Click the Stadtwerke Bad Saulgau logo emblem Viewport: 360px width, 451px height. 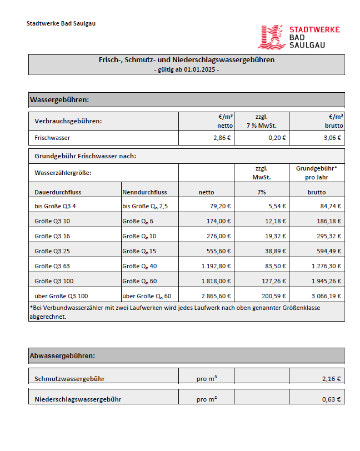point(272,37)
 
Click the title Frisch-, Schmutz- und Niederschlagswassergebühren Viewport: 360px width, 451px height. point(186,60)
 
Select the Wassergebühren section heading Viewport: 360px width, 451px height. point(59,100)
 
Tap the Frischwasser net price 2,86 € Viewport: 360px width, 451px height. point(222,138)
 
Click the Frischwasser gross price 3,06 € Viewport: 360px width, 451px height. point(332,138)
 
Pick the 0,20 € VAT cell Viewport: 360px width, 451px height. point(277,138)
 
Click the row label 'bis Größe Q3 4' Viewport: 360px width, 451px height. point(55,207)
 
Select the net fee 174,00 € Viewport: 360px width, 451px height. point(218,222)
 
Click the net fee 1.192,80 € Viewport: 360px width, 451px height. point(215,266)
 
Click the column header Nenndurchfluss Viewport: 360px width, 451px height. point(144,192)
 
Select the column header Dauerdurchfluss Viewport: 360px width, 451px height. point(58,192)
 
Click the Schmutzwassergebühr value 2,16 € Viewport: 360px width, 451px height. point(331,379)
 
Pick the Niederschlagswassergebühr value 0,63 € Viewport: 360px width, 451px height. point(331,399)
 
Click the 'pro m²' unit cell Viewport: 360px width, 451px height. point(206,399)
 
